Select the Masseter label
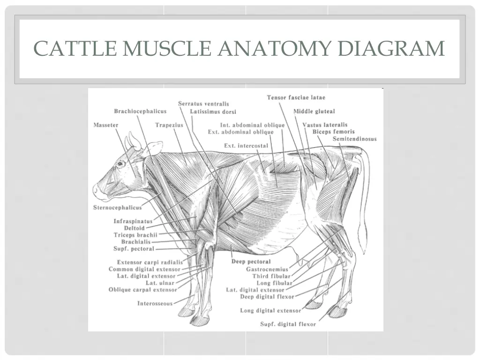pyautogui.click(x=106, y=125)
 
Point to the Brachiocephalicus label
pyautogui.click(x=140, y=111)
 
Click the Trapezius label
pyautogui.click(x=169, y=125)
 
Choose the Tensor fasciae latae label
pyautogui.click(x=296, y=97)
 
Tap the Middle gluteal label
pyautogui.click(x=314, y=111)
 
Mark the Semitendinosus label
pyautogui.click(x=354, y=139)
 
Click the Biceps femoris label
pyautogui.click(x=333, y=132)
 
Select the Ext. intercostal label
pyautogui.click(x=246, y=146)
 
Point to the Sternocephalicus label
pyautogui.click(x=117, y=207)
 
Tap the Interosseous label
pyautogui.click(x=155, y=303)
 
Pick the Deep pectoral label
pyautogui.click(x=251, y=262)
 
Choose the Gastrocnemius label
pyautogui.click(x=267, y=269)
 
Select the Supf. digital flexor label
pyautogui.click(x=288, y=324)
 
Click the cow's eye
pyautogui.click(x=120, y=164)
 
